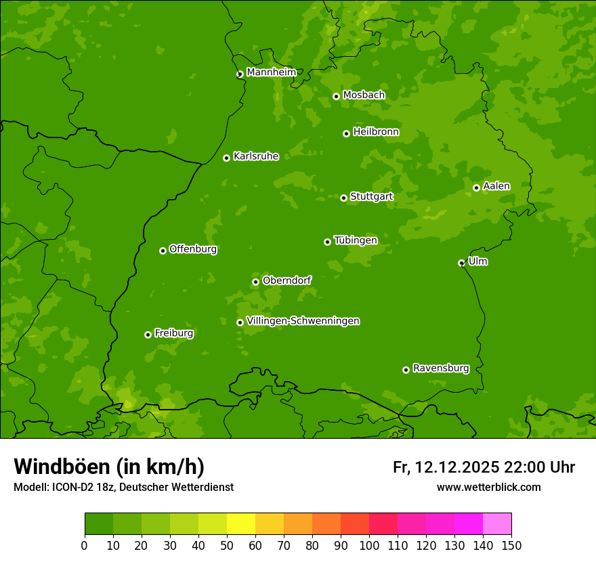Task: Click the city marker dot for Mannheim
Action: [x=240, y=74]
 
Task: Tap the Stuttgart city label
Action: [x=372, y=196]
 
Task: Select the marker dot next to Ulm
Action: [x=461, y=263]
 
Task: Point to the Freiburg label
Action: [x=174, y=333]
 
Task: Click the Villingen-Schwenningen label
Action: [x=303, y=321]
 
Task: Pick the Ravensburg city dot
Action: [x=406, y=370]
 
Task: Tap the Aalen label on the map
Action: [x=496, y=186]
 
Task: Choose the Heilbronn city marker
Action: [x=346, y=133]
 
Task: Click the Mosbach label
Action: [x=364, y=95]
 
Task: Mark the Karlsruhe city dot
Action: [x=226, y=158]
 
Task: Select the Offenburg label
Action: [x=193, y=249]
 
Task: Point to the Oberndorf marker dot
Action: [x=255, y=282]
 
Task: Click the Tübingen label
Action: [x=356, y=240]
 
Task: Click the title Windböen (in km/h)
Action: [x=109, y=467]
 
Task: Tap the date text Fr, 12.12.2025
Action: [x=446, y=467]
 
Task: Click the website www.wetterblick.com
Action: [x=488, y=487]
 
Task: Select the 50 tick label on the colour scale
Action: [x=227, y=545]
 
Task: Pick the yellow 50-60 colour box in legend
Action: [x=241, y=524]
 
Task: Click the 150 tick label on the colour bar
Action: [x=511, y=545]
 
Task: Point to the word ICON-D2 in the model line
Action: [x=70, y=487]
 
